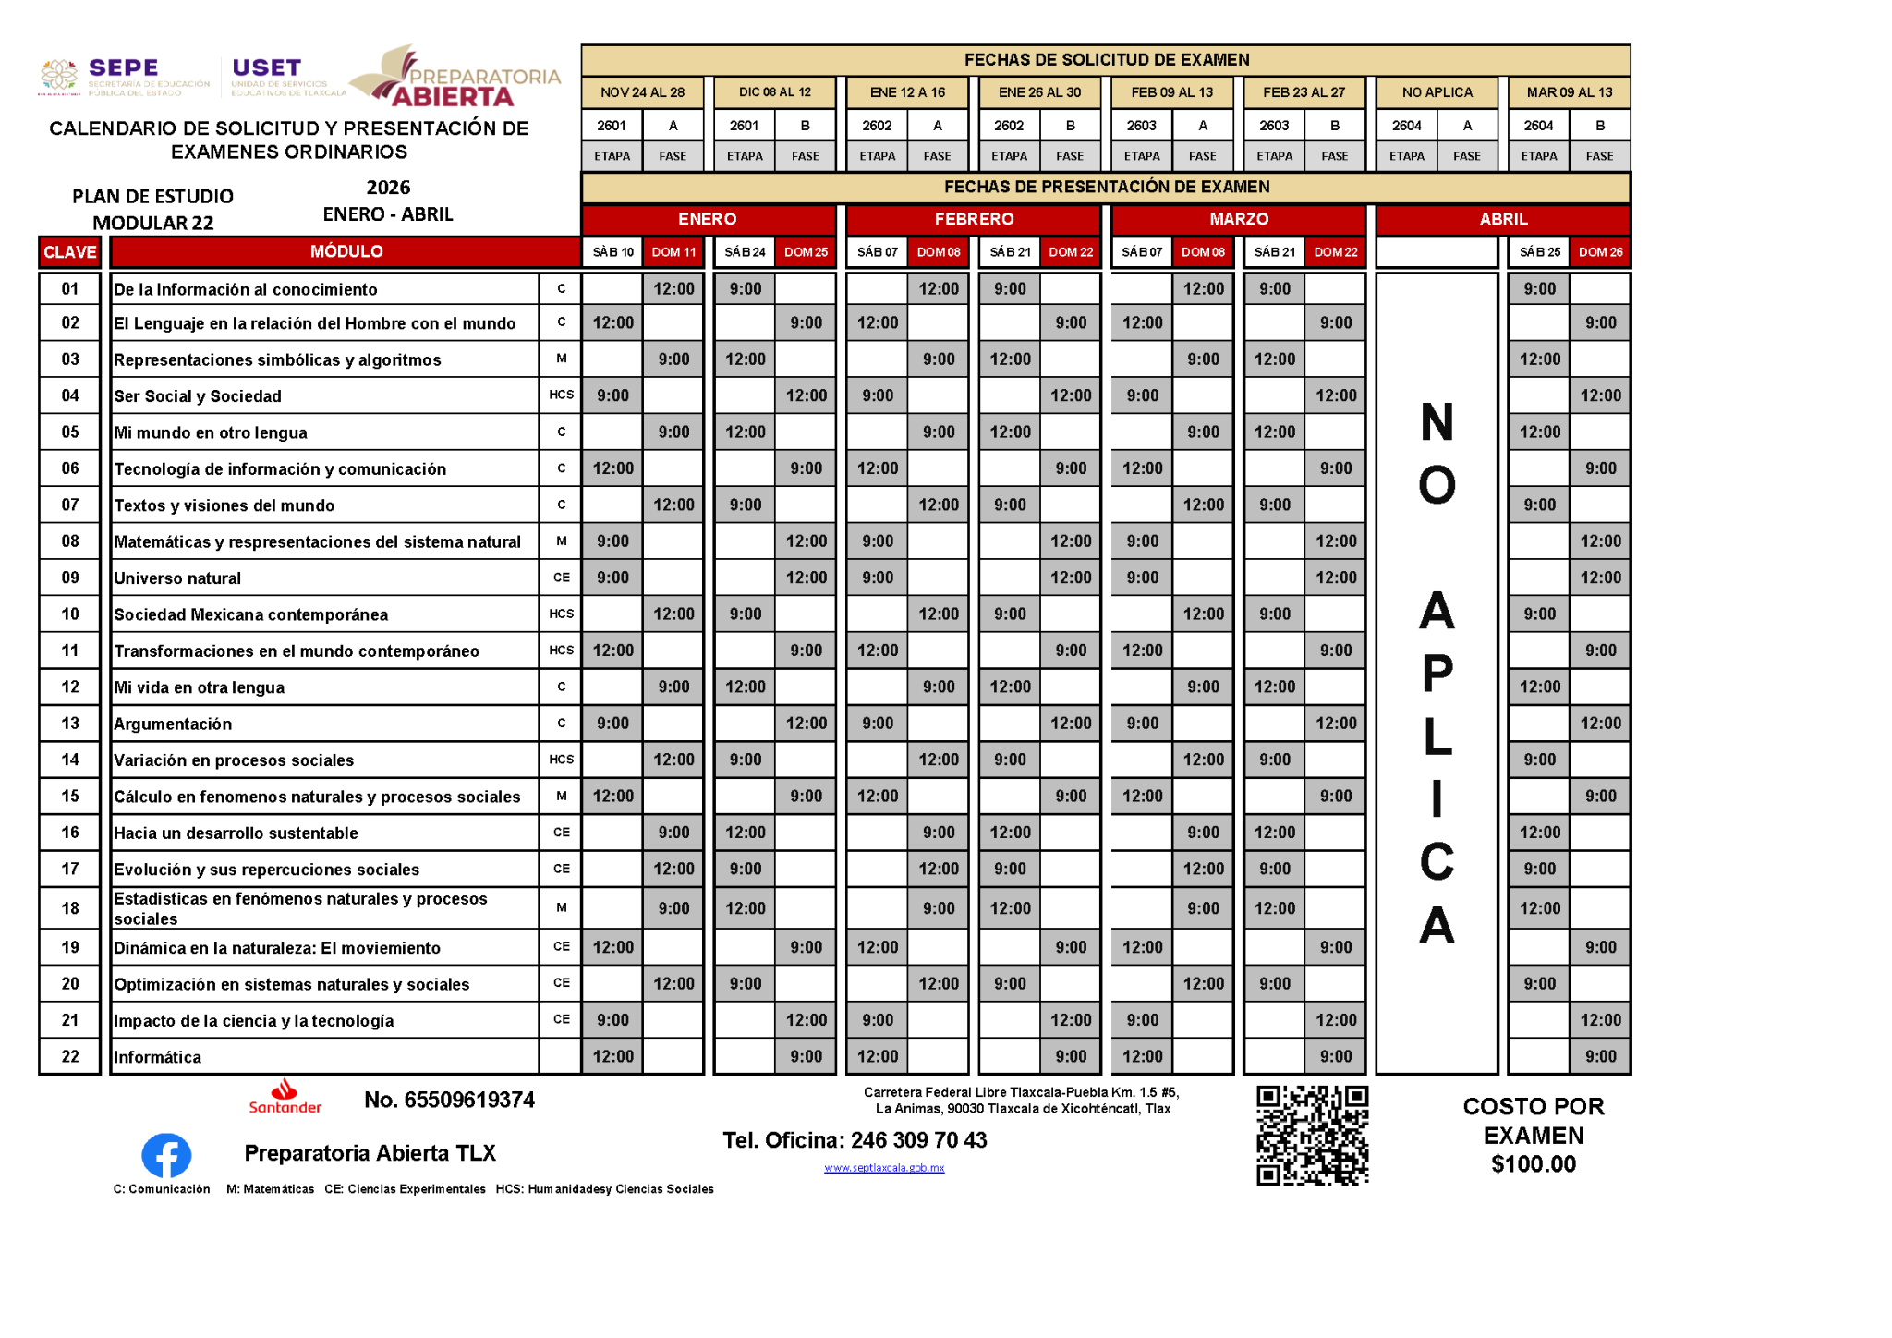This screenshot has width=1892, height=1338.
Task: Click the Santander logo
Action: (285, 1096)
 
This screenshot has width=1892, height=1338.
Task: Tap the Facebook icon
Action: (166, 1155)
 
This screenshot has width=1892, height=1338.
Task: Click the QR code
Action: (1312, 1135)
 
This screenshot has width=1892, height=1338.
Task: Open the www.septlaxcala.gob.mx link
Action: (884, 1168)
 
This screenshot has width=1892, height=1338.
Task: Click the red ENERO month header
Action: (708, 219)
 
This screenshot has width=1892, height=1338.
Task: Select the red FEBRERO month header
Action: (974, 219)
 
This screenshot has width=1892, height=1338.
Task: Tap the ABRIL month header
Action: (1503, 219)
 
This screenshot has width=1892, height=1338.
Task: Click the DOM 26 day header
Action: (1600, 252)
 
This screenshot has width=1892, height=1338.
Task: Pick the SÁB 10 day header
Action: (612, 252)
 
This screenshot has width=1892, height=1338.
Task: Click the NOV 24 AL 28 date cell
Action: (642, 92)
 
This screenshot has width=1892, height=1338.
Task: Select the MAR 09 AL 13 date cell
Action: (1569, 92)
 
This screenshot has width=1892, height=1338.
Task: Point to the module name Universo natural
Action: (177, 578)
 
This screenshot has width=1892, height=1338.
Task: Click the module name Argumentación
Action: (173, 724)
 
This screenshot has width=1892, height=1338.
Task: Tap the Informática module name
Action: (157, 1057)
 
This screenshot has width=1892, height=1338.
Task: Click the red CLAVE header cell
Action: (69, 252)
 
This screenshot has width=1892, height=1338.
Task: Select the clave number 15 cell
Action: (70, 797)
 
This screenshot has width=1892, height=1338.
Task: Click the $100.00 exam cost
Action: (1534, 1164)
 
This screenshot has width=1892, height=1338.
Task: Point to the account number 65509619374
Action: (449, 1100)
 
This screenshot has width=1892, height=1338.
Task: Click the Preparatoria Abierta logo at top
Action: (455, 78)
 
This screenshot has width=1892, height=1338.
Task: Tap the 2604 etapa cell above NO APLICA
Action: (1406, 126)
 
